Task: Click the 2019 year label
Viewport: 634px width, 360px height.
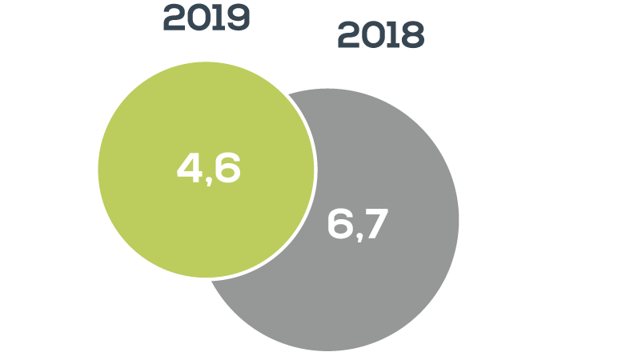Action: [207, 18]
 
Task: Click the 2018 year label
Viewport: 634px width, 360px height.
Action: [380, 35]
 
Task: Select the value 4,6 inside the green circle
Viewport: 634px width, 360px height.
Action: [208, 170]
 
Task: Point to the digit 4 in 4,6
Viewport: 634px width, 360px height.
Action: [189, 170]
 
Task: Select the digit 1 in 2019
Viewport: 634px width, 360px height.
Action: [220, 18]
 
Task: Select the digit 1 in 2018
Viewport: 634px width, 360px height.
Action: [394, 35]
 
